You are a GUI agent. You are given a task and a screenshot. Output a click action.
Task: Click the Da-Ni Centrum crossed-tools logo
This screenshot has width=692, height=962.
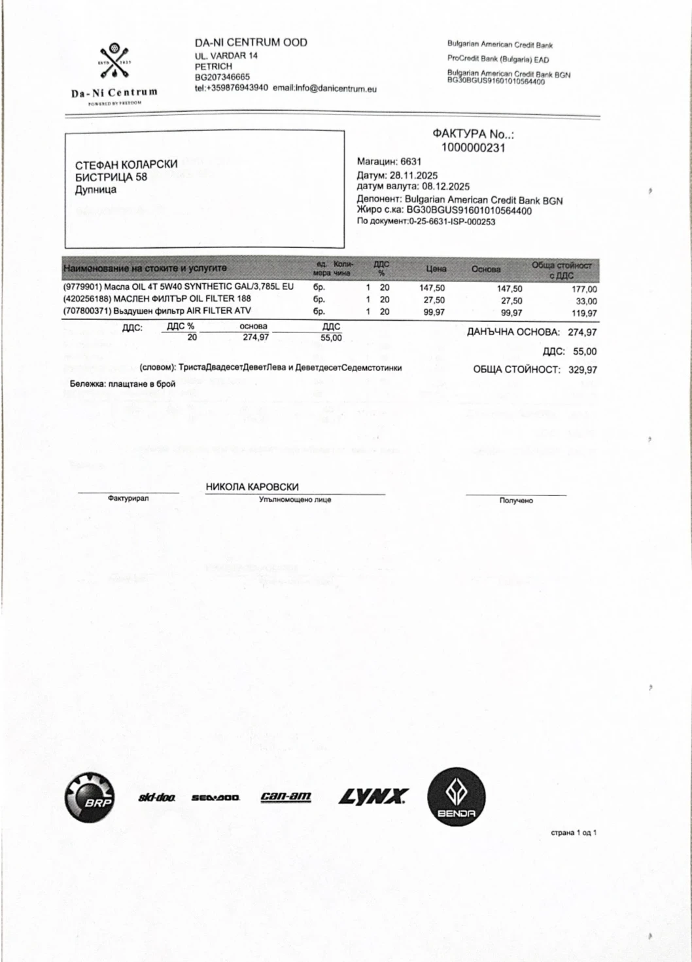114,63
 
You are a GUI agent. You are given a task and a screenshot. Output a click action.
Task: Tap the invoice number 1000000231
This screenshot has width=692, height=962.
473,148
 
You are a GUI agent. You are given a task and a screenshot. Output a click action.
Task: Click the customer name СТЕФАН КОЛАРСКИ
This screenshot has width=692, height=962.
126,164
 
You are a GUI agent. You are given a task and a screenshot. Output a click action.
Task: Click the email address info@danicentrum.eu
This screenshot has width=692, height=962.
336,88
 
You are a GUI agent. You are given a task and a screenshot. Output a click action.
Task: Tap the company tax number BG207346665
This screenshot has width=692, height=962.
222,77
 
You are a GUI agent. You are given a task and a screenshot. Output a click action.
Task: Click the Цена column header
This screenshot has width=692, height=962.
436,269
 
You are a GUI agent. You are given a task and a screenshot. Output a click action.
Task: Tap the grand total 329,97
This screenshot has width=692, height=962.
582,370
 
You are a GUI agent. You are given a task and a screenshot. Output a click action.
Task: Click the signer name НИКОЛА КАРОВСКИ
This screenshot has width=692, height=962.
252,487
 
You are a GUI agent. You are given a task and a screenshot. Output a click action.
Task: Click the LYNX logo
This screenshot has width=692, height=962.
373,796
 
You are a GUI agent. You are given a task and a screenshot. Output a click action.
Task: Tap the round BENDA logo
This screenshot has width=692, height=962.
456,796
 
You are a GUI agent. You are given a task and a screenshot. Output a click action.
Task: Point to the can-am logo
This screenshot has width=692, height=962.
286,796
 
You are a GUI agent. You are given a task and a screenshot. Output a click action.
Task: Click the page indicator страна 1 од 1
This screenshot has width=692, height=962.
573,833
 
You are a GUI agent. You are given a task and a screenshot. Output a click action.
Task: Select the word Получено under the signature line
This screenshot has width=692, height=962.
516,501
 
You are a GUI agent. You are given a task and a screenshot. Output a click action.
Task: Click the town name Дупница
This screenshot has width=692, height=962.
95,190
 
